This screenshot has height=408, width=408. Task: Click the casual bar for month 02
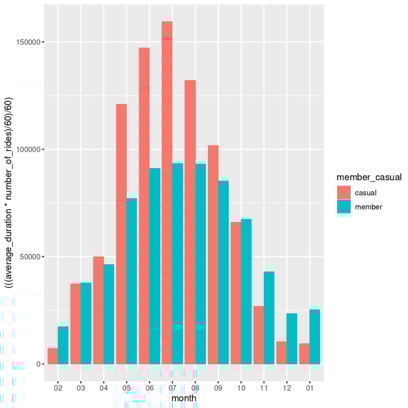pos(52,356)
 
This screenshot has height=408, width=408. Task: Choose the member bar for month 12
pos(292,339)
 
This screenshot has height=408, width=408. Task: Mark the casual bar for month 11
pos(258,335)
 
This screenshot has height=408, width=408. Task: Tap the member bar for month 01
pos(315,337)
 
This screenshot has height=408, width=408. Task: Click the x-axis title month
pos(184,398)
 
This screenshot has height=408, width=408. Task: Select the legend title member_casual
pos(369,177)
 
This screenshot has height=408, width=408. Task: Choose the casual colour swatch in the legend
pos(344,192)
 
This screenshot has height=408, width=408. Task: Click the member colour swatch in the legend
pos(344,207)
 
